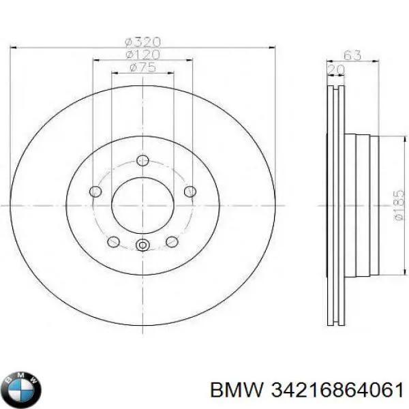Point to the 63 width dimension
tap(353, 55)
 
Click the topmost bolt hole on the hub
tap(142, 160)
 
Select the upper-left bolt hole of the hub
tap(96, 191)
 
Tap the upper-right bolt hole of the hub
tap(190, 191)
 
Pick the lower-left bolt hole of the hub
tap(114, 242)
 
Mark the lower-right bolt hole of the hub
tap(172, 242)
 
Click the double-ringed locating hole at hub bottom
tap(142, 246)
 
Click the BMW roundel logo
tap(21, 389)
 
